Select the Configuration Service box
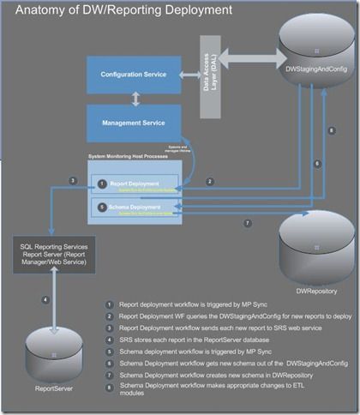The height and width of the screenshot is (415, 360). pos(133,75)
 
